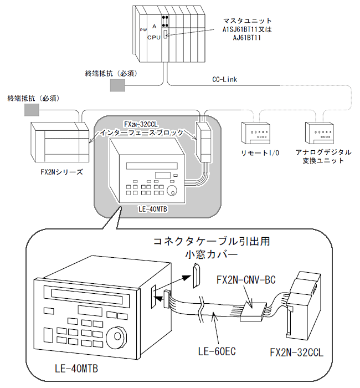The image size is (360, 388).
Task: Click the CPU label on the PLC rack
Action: coord(154,38)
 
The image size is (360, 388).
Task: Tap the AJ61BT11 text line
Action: coord(247,38)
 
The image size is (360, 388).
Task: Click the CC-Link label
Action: coord(224,79)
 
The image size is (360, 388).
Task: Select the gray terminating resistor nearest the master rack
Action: coord(117,85)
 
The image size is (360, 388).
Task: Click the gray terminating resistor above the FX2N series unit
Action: coord(32,110)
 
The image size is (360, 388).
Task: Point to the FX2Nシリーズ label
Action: coord(62,172)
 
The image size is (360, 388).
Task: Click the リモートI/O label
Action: coord(260,153)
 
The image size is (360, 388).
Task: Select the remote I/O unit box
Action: coord(256,133)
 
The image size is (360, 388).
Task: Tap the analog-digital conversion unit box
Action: coord(320,133)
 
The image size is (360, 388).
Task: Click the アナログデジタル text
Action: coord(323,152)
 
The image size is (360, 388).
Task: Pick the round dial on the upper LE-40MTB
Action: coord(172,190)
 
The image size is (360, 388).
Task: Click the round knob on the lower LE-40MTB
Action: coord(117,336)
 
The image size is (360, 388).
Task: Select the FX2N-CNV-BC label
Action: coord(246,280)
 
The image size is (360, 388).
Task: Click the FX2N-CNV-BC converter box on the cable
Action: coord(254,312)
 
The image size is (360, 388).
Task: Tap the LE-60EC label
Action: coord(217,351)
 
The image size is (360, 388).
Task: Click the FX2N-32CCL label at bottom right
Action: coord(296,353)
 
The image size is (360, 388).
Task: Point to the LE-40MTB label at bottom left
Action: coord(76,369)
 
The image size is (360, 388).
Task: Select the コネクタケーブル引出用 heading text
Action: coord(212,241)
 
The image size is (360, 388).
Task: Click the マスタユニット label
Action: coord(247,21)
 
